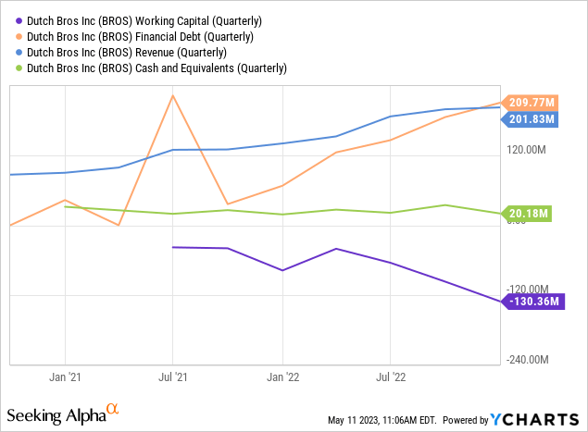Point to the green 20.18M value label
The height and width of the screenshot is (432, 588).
click(x=527, y=214)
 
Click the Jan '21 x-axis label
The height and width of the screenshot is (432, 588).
click(x=64, y=377)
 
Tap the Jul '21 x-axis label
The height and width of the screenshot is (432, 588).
click(x=172, y=377)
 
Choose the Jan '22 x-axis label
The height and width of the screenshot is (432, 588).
click(x=281, y=377)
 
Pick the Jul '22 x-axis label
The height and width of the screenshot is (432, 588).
click(x=390, y=377)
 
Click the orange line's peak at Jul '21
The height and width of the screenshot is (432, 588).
click(x=172, y=94)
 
